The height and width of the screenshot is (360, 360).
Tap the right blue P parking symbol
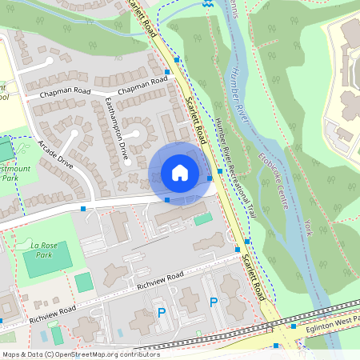[213, 302]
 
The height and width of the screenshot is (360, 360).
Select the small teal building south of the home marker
[203, 218]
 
